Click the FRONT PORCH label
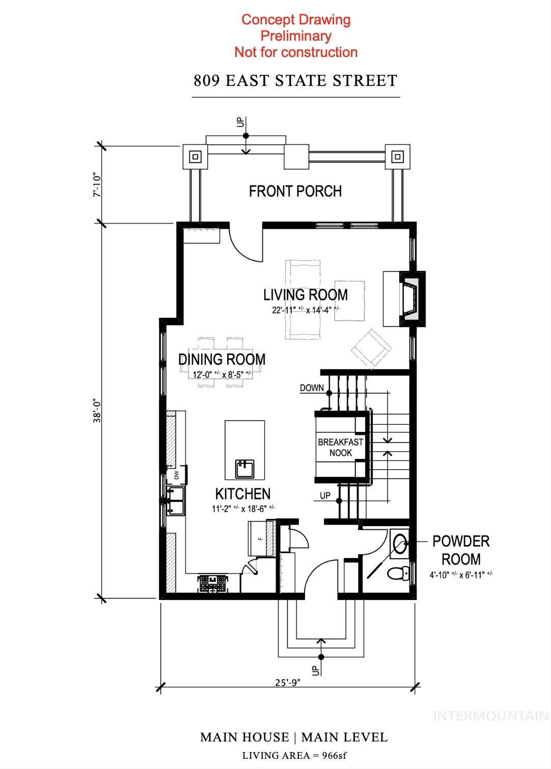coord(295,191)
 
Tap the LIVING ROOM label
coord(305,295)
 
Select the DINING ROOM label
coord(222,360)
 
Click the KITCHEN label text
coord(242,493)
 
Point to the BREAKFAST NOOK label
coord(340,447)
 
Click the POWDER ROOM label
coord(460,550)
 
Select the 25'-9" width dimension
coord(288,683)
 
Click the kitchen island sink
coord(244,468)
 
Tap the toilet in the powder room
coord(398,574)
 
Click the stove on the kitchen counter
coord(213,583)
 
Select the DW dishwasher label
coord(177,475)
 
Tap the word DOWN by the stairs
coord(312,388)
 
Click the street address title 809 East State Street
coord(295,81)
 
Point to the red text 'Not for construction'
coord(296,52)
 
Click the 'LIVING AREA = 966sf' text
coord(294,755)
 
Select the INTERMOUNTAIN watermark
coord(490,716)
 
